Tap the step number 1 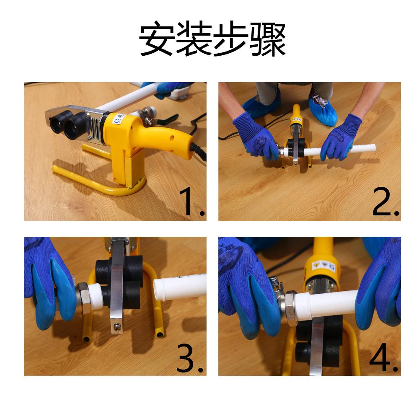[192, 202]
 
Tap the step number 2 [385, 202]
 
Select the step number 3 [189, 358]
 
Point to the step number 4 [383, 358]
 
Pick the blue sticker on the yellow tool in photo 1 [117, 121]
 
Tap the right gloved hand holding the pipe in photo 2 [341, 139]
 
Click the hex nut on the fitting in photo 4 [290, 307]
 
